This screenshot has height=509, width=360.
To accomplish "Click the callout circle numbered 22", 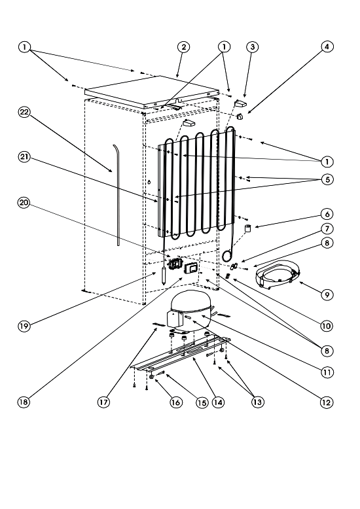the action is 24,113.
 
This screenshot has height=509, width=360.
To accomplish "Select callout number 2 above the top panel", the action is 183,47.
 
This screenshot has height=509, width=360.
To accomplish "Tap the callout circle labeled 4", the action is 327,46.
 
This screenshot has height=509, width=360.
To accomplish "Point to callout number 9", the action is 327,295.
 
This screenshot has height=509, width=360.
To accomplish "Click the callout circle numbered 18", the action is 24,402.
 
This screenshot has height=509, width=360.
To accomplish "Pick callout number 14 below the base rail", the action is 218,402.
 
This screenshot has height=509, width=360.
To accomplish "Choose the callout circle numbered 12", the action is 327,402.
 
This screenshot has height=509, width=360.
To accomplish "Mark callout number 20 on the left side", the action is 24,203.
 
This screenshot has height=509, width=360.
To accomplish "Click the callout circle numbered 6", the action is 327,214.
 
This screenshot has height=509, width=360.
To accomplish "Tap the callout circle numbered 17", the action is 103,402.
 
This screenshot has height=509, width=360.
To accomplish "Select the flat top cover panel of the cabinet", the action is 151,92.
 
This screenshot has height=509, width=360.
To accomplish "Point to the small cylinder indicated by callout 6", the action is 248,228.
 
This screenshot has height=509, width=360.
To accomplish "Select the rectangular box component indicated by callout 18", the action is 190,268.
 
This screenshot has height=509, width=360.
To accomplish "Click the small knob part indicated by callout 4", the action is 240,117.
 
